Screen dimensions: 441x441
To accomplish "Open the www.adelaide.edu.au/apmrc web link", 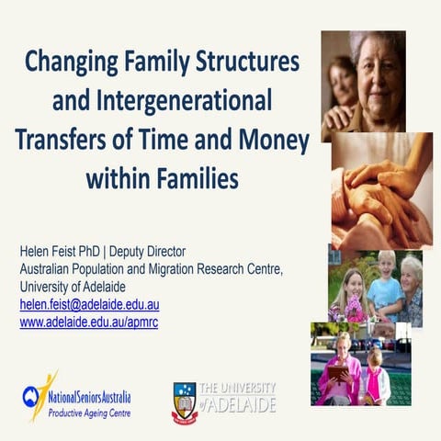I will tap(88, 322).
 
